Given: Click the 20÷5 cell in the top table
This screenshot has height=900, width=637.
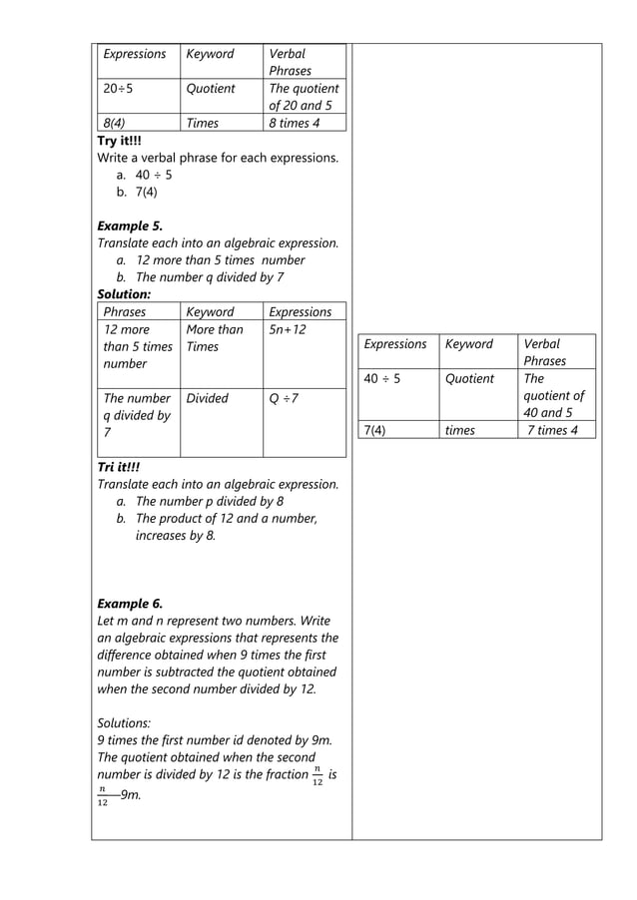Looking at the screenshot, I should (x=119, y=89).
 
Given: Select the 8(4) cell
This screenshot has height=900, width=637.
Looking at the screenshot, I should (x=113, y=124).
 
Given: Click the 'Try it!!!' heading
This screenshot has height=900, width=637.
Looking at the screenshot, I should (x=119, y=141).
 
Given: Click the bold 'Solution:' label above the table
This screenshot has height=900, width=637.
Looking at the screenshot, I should (x=124, y=295).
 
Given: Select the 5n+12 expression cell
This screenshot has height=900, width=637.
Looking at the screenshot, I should (x=288, y=329).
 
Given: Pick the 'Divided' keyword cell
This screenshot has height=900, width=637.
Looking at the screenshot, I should (x=207, y=398).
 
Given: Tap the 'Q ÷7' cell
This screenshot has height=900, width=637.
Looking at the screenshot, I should (x=284, y=398).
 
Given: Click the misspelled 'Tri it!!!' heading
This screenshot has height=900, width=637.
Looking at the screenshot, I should (x=118, y=467).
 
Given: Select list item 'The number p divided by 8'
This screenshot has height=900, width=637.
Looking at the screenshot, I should (x=210, y=502).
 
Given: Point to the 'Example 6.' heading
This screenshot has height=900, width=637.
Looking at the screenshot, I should (x=130, y=604).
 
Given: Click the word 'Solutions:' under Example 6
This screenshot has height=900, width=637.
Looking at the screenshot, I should (x=127, y=721).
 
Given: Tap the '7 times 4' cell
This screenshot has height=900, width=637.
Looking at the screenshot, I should (x=552, y=430).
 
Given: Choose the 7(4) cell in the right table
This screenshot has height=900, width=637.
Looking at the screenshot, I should (x=377, y=430).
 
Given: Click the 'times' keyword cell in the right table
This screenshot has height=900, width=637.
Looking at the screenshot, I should (x=460, y=430).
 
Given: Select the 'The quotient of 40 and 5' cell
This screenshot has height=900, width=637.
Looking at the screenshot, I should (x=553, y=395).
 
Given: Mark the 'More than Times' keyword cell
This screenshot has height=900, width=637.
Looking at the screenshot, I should (x=214, y=338).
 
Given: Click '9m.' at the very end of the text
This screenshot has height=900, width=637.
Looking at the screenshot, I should (x=130, y=794).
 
